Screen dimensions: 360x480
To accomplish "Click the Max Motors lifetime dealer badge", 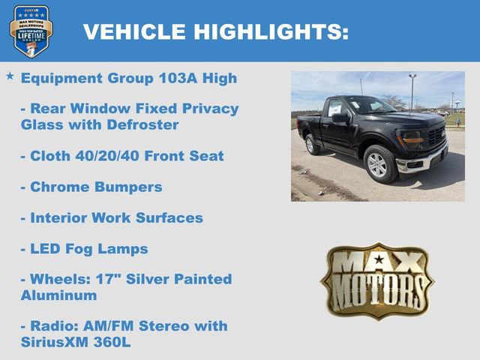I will click(31, 31).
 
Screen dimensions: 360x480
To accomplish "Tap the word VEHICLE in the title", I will click(134, 31).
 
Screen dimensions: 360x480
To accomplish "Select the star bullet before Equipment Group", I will click(10, 76).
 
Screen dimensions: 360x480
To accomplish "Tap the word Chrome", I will click(58, 187).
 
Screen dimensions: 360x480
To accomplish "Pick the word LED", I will click(46, 249).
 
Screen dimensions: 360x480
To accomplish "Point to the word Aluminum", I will click(58, 295).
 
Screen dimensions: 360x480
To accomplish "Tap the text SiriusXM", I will click(57, 343).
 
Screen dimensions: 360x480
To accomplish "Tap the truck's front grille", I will click(436, 136).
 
